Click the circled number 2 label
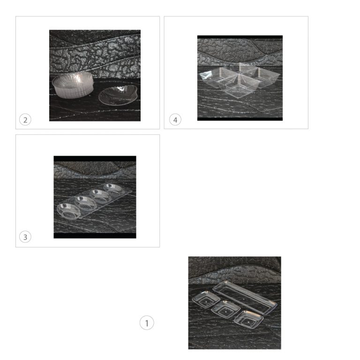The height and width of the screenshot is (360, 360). (x=25, y=120)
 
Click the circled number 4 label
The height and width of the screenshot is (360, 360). (x=175, y=120)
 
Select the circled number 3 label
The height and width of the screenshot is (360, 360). (x=25, y=237)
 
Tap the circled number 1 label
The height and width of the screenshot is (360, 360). (x=147, y=323)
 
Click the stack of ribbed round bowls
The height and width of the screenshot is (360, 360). (x=73, y=84)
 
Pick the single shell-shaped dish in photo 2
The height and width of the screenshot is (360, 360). (x=118, y=95)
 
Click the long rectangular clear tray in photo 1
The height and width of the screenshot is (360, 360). (x=245, y=297)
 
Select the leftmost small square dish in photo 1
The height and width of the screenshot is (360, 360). (x=206, y=299)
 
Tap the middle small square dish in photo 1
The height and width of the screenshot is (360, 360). (x=225, y=309)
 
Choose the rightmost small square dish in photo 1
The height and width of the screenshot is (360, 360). (x=248, y=320)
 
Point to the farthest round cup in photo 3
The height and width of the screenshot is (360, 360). (x=113, y=189)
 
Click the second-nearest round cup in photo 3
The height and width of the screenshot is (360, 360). (x=85, y=203)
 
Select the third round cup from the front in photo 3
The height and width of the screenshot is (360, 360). (x=100, y=195)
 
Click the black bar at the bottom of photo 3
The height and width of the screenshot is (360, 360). (x=95, y=236)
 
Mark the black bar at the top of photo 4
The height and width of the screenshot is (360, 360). (x=240, y=37)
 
